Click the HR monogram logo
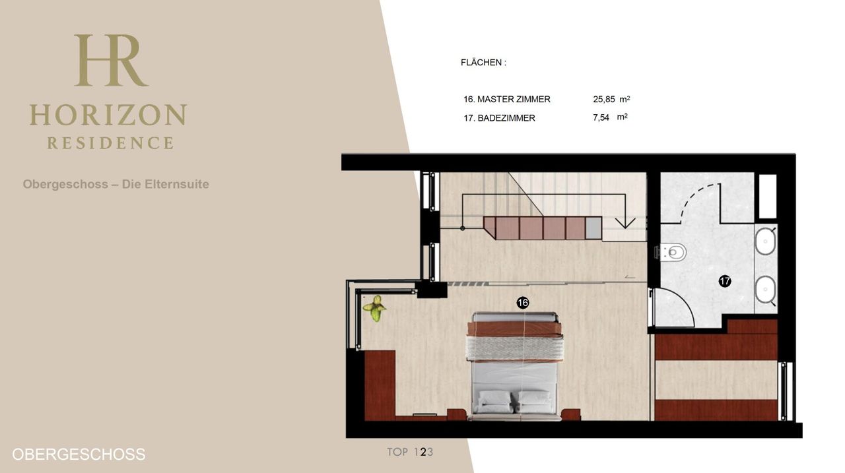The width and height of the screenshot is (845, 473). click(x=110, y=60)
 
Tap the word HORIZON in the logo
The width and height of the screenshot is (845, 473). click(x=108, y=115)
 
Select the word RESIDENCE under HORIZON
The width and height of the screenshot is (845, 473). click(x=110, y=143)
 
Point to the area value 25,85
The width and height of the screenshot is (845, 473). click(x=604, y=100)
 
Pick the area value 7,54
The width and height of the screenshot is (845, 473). click(x=601, y=117)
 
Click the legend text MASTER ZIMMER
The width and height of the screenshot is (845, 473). click(x=514, y=100)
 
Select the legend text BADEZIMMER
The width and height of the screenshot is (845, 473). click(x=506, y=118)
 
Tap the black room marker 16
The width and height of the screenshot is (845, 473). click(x=522, y=303)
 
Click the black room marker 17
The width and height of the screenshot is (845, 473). click(x=725, y=281)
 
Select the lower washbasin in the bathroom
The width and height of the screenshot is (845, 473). click(x=765, y=290)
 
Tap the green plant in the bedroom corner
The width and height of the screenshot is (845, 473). click(x=374, y=308)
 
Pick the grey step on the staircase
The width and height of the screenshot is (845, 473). click(x=593, y=228)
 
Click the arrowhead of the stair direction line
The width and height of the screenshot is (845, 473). click(x=625, y=223)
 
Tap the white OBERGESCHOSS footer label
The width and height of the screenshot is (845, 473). click(x=79, y=455)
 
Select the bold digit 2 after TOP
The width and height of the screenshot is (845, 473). click(x=423, y=452)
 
